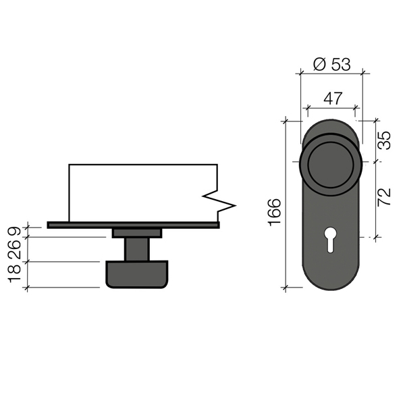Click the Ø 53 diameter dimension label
[331, 64]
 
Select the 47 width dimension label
[333, 98]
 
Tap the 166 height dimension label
[275, 213]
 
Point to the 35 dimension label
[384, 140]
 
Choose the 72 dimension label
[384, 197]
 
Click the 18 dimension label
[14, 273]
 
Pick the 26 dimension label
[14, 250]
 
